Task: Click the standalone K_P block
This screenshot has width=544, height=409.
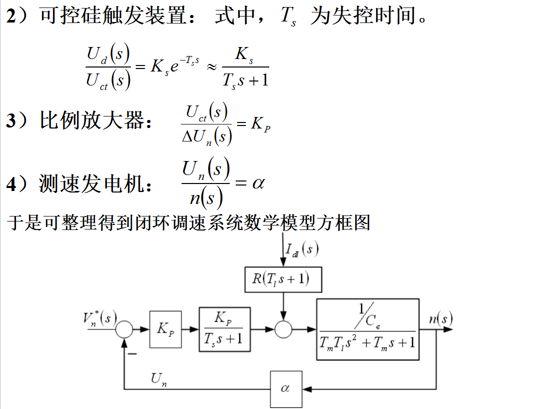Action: (x=165, y=329)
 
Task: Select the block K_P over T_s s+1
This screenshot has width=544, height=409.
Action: (x=224, y=329)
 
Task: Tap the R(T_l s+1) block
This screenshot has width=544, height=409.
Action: (x=283, y=279)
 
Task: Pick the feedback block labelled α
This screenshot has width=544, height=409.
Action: (x=286, y=388)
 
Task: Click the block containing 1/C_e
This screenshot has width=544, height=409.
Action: (x=367, y=329)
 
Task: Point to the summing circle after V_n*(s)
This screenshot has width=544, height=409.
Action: (x=124, y=329)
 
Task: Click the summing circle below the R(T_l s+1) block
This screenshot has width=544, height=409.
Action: (x=283, y=329)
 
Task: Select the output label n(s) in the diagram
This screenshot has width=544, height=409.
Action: (x=440, y=318)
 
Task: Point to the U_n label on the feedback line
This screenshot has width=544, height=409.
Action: (x=159, y=380)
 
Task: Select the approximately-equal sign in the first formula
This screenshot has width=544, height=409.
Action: (x=212, y=66)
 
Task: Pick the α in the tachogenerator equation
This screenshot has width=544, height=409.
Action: (x=258, y=183)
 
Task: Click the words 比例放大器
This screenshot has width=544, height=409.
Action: (x=95, y=120)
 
